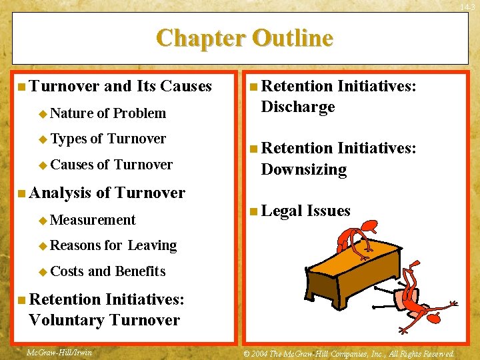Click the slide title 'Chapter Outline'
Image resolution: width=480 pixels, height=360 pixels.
[244, 38]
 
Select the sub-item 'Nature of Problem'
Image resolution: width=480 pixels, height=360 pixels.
[108, 113]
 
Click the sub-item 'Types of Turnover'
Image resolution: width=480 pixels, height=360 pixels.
[108, 139]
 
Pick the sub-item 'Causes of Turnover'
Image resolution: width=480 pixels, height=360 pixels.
[111, 165]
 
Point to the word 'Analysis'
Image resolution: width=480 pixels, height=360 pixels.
[61, 193]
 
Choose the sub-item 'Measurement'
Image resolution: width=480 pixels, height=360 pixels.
[93, 220]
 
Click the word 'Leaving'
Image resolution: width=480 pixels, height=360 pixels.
[152, 246]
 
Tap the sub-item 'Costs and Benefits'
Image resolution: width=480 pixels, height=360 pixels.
[107, 271]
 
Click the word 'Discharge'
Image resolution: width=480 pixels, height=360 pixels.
[298, 107]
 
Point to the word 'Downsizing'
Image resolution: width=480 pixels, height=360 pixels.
[304, 169]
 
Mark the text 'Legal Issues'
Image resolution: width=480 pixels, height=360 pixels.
[305, 211]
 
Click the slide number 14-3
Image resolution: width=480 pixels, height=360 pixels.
[469, 6]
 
